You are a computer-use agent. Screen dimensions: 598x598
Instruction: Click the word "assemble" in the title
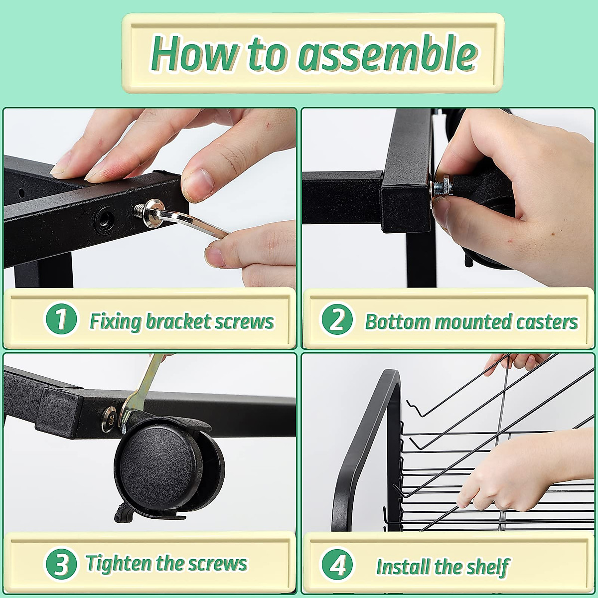point(387,53)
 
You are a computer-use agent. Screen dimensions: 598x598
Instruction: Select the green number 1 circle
point(61,319)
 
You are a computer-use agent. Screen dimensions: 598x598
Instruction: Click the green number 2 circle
point(337,319)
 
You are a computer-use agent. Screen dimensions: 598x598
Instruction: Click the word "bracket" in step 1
point(178,321)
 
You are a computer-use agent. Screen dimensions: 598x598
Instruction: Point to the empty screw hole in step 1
point(105,219)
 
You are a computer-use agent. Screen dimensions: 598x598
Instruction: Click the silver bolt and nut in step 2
point(442,187)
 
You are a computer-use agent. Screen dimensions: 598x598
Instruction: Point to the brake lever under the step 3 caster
point(124,512)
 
